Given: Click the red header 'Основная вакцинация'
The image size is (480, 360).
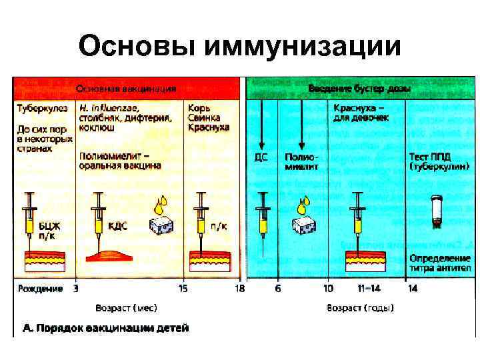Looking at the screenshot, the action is point(126,89).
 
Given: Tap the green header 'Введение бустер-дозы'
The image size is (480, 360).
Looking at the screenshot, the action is point(359,89).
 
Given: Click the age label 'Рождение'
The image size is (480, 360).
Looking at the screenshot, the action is point(40,289).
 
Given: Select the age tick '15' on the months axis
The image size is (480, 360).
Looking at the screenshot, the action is point(183,289).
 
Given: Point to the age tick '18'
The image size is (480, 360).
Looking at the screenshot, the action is point(239,289).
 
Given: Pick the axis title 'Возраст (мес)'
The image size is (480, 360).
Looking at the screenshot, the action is point(126,308).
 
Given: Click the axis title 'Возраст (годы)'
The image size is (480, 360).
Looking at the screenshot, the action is point(360,308).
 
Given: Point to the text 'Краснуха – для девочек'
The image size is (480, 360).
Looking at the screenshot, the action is point(361,111).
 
